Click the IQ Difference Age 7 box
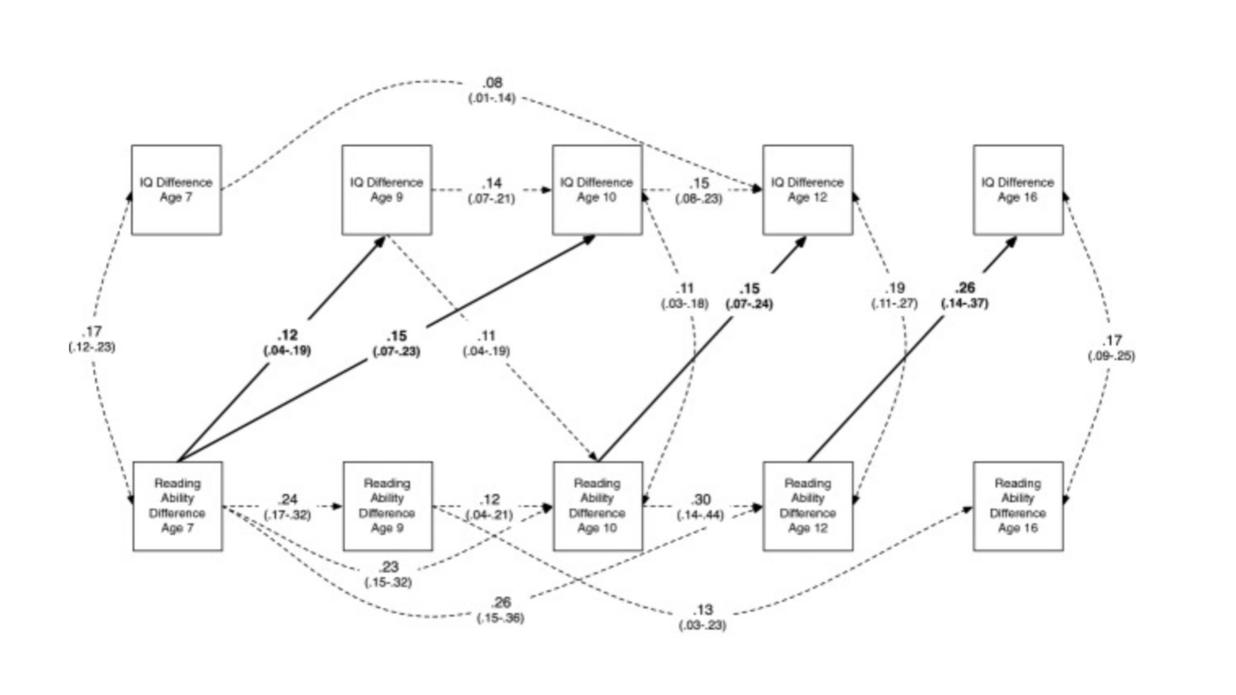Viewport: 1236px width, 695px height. (176, 190)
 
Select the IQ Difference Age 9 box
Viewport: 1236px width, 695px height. (386, 190)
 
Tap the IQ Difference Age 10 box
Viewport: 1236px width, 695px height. (597, 190)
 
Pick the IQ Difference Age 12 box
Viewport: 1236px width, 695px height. (807, 190)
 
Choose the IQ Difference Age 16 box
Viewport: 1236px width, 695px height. (1018, 190)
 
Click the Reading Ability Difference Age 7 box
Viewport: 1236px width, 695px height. (177, 506)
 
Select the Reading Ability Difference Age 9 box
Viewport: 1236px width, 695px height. (387, 506)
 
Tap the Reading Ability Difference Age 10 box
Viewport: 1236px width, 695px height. (597, 506)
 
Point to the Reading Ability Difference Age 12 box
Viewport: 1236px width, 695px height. (807, 506)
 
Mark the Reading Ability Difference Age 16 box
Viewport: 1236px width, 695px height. (1018, 506)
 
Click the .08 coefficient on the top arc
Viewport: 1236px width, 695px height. (492, 83)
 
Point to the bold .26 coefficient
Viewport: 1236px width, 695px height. (965, 288)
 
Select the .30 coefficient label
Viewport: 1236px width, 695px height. (701, 500)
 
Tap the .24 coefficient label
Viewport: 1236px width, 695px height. (288, 500)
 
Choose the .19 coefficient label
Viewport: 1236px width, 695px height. (894, 288)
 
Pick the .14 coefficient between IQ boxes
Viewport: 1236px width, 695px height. (492, 183)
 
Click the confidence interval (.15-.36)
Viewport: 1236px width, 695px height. (500, 618)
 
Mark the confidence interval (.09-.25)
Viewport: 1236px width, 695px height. (1111, 356)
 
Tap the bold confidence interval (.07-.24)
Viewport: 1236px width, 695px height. (749, 304)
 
